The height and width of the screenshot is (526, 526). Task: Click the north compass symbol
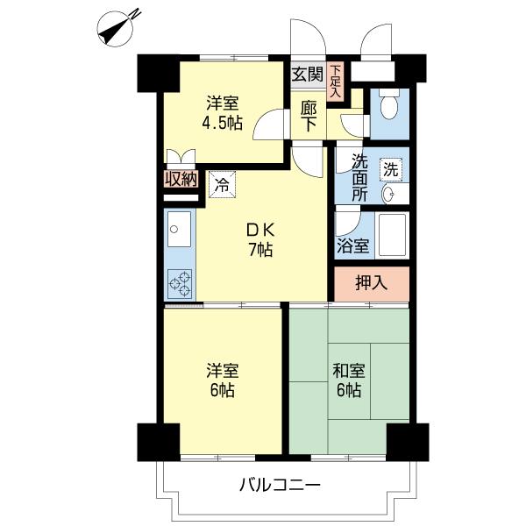(x=115, y=29)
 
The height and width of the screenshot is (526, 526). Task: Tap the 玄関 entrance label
(x=308, y=74)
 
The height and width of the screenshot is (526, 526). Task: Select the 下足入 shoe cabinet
(x=335, y=82)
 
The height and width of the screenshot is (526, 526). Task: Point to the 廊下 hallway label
(x=309, y=116)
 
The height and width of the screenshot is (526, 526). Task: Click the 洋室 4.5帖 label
(x=222, y=113)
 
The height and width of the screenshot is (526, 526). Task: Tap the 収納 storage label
(x=181, y=179)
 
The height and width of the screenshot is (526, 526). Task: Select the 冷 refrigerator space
(x=222, y=184)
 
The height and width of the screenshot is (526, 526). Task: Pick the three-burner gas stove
(x=180, y=284)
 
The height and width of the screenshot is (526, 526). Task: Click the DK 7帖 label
(x=260, y=239)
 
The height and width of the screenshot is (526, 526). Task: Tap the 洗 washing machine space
(x=391, y=169)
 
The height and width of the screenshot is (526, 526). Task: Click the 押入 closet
(x=372, y=284)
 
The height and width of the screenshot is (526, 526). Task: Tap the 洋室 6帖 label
(x=222, y=380)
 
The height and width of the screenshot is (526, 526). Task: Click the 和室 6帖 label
(x=349, y=380)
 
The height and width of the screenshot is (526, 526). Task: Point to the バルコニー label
(x=280, y=485)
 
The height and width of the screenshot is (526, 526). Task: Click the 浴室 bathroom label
(x=353, y=245)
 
